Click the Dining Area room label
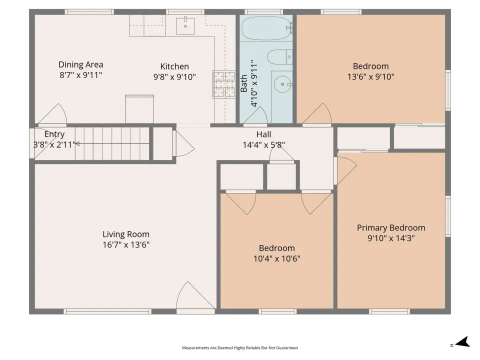coord(81,64)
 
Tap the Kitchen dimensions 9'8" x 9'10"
coord(174,77)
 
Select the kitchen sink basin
coord(185,26)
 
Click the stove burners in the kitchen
coord(224,84)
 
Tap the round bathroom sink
coord(282,84)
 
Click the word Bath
coord(244,83)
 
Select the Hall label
coord(264,134)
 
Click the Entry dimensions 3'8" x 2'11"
coord(54,144)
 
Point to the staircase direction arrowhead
coord(77,143)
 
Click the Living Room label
coord(126,234)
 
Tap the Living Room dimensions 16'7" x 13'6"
coord(126,245)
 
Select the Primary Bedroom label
coord(391,228)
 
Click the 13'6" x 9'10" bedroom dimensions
coord(370,76)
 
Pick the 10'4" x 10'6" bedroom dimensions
coord(277,258)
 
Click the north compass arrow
coord(463,342)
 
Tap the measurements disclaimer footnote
coord(240,348)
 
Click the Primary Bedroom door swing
coord(347,170)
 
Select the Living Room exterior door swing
coord(195,295)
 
